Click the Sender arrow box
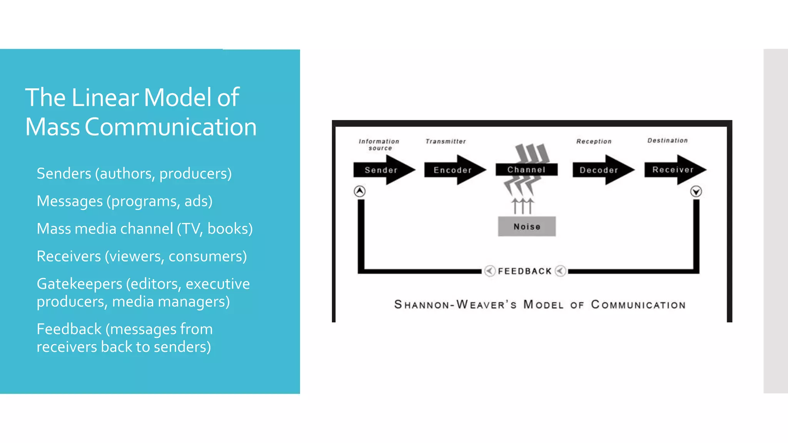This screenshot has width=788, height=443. coord(381,170)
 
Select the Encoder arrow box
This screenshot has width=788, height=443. coord(452,170)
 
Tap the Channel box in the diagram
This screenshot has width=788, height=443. coord(526,170)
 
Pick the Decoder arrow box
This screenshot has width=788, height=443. coord(599,170)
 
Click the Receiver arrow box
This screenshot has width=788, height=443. coord(673,170)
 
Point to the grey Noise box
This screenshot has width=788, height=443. coord(527,226)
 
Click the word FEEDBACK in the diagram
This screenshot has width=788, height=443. coord(525,271)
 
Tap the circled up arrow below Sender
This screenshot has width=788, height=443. coord(360,191)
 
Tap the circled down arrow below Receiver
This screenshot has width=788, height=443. coord(696,191)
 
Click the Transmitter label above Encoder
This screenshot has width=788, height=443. coord(446,142)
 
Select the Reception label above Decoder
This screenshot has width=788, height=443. coord(594,142)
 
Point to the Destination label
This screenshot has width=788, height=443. coord(667,141)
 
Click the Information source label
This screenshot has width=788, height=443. coord(379,145)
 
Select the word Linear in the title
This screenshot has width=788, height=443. coord(105,97)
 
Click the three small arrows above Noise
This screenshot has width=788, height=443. coord(523,206)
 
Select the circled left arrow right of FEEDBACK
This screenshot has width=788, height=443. coord(561,271)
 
